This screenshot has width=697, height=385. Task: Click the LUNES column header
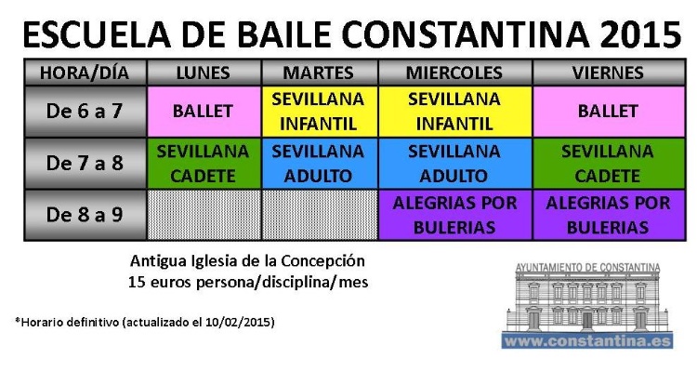pyautogui.click(x=204, y=73)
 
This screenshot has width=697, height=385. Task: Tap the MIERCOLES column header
pyautogui.click(x=454, y=73)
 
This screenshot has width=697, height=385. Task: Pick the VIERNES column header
pyautogui.click(x=608, y=73)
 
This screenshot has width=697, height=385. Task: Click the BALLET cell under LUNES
pyautogui.click(x=204, y=111)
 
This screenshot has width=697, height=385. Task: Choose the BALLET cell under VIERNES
pyautogui.click(x=608, y=111)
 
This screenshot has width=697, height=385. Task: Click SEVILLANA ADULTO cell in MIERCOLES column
pyautogui.click(x=454, y=163)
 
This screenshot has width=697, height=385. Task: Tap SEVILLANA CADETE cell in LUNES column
pyautogui.click(x=204, y=163)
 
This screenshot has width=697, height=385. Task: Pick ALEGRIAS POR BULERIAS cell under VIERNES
pyautogui.click(x=608, y=215)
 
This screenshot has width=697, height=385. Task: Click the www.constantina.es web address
pyautogui.click(x=588, y=341)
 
